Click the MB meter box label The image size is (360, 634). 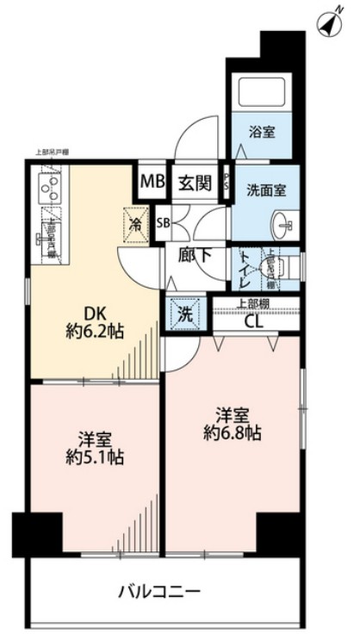coord(152,182)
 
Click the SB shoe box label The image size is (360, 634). coord(163,222)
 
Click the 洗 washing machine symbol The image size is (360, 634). coord(184,315)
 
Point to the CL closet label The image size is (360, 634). coord(255,324)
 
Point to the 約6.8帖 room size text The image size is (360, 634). coord(233,432)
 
